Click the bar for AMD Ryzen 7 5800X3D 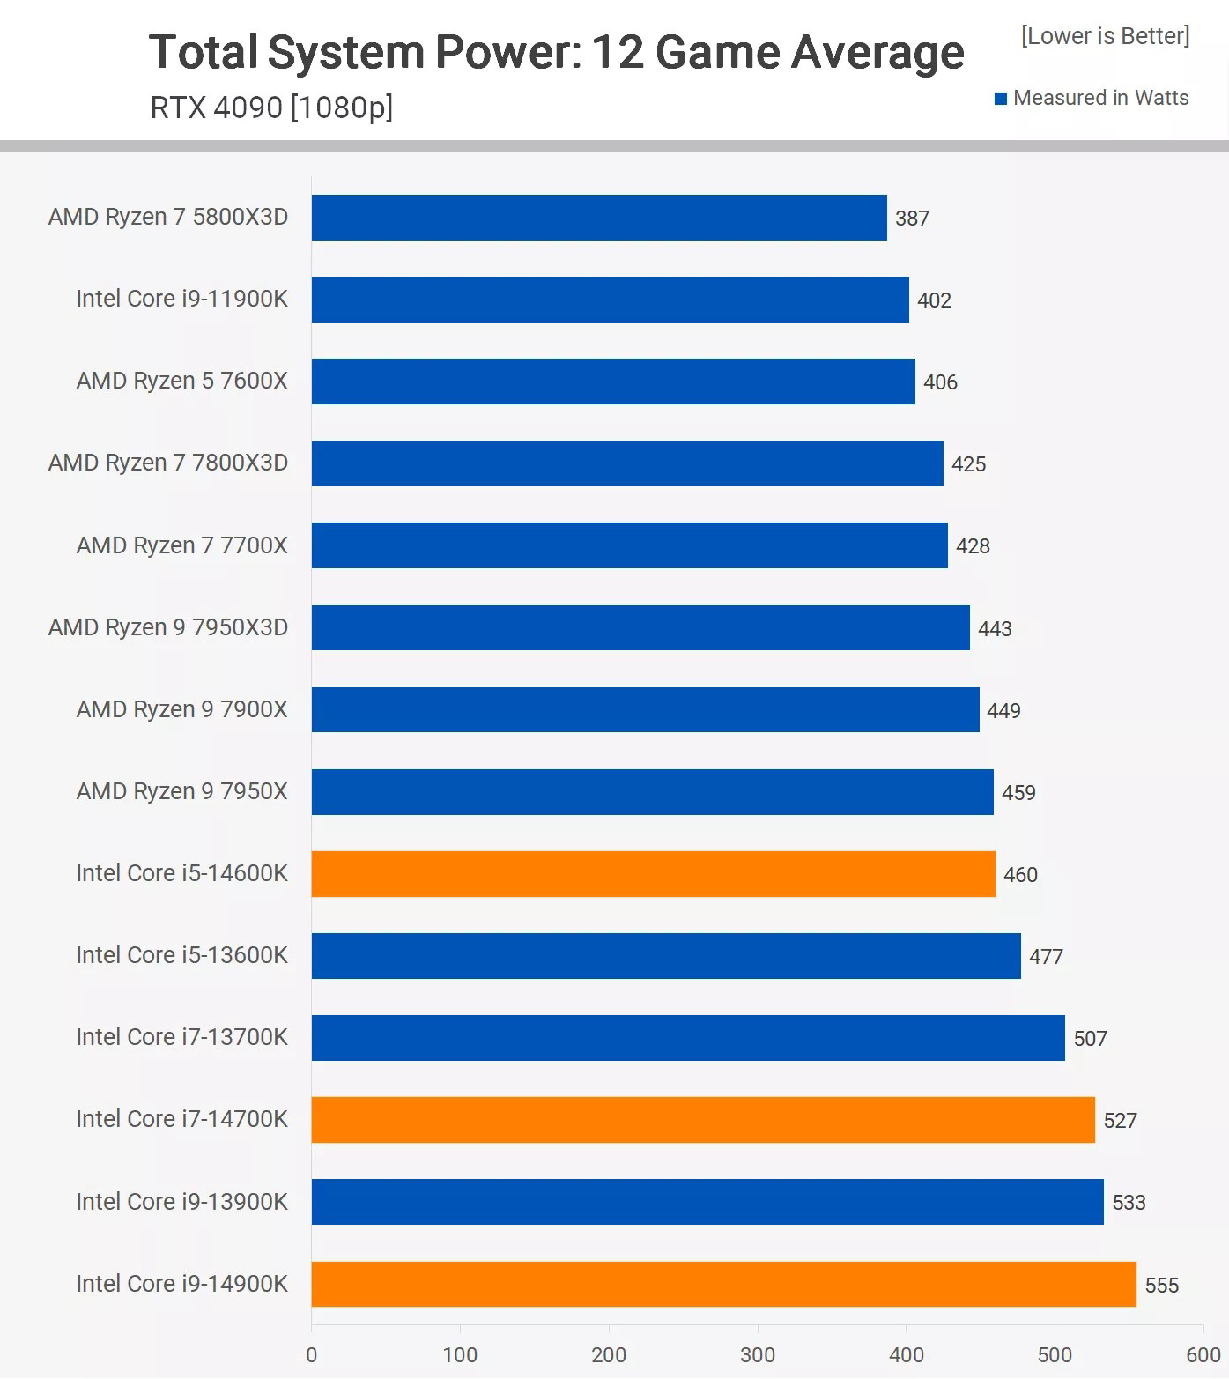(x=599, y=218)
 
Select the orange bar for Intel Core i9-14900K (x=723, y=1284)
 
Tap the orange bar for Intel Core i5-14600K (x=653, y=874)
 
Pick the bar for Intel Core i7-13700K (x=688, y=1038)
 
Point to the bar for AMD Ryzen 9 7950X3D (x=640, y=627)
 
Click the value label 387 (x=912, y=219)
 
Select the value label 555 (x=1161, y=1286)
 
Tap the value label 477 (x=1046, y=957)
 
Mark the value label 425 (x=968, y=464)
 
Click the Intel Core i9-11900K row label (x=181, y=299)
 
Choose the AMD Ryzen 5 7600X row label (x=181, y=381)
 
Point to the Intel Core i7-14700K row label (x=181, y=1119)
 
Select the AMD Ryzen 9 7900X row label (x=181, y=709)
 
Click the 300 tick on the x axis (x=758, y=1355)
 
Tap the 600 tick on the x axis (x=1203, y=1355)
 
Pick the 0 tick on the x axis (x=311, y=1355)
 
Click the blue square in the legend (x=1001, y=99)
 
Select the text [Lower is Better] (x=1105, y=36)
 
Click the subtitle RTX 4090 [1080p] (x=271, y=108)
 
